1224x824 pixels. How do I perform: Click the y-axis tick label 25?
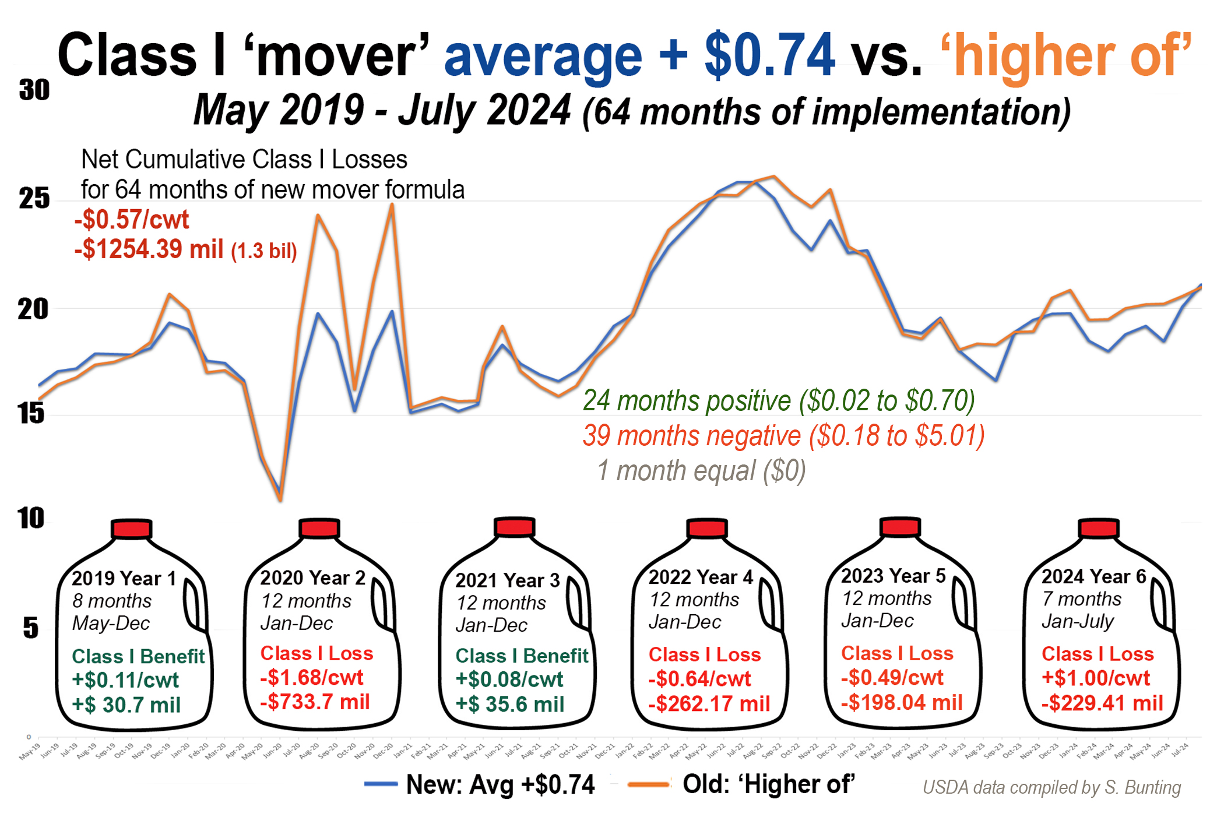click(x=34, y=199)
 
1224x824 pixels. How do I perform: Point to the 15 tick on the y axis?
click(x=30, y=414)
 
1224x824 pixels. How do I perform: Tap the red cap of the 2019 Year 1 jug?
click(x=132, y=529)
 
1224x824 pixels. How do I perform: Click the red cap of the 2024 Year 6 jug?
click(x=1099, y=528)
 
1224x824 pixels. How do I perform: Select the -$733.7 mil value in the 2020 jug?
click(x=315, y=702)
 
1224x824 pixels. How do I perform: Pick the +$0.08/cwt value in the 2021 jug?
click(x=509, y=679)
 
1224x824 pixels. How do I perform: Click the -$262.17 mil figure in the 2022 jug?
click(x=709, y=703)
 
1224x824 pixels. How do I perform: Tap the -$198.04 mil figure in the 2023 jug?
click(x=902, y=702)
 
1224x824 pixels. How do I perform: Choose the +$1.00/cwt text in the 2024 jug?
click(x=1096, y=678)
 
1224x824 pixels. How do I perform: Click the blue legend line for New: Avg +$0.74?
click(x=381, y=784)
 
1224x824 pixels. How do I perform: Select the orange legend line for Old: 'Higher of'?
click(x=648, y=784)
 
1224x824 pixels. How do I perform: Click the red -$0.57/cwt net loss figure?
click(x=132, y=220)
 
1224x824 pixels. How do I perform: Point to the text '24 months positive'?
click(x=687, y=401)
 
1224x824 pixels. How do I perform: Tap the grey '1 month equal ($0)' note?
click(x=701, y=471)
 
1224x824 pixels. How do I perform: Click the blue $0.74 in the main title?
click(x=769, y=55)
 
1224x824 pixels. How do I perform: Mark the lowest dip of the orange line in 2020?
click(x=280, y=499)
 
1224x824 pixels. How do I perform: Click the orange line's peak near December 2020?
click(x=392, y=205)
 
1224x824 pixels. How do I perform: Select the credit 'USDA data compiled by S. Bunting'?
click(x=1051, y=787)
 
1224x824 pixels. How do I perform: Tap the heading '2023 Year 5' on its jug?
click(x=893, y=576)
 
